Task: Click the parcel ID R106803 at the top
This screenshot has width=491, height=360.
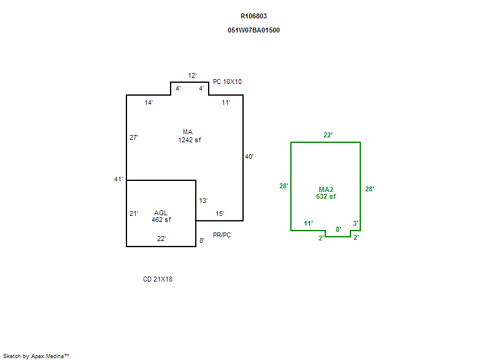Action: click(x=253, y=17)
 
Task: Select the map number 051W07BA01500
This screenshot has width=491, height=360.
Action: click(x=253, y=30)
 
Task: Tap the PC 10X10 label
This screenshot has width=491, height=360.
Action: click(x=227, y=82)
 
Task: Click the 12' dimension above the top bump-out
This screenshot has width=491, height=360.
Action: click(x=192, y=75)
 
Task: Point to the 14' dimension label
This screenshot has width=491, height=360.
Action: click(x=149, y=102)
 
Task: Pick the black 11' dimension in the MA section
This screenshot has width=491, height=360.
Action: click(x=226, y=102)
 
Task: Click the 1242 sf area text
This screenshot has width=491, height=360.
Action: click(x=190, y=140)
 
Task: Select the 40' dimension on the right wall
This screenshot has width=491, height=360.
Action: click(x=249, y=156)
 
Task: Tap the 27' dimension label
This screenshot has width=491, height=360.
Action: click(x=134, y=137)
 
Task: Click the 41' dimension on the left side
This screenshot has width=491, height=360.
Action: click(x=118, y=179)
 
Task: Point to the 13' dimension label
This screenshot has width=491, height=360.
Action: click(x=203, y=201)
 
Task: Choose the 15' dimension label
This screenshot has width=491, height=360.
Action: click(x=220, y=213)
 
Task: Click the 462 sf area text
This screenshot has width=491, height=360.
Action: click(x=161, y=220)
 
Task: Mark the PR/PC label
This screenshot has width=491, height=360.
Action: click(x=222, y=236)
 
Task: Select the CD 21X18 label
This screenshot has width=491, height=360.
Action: click(x=158, y=279)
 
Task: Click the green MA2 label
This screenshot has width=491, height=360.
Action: click(x=326, y=190)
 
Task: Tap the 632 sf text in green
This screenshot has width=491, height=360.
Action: click(x=326, y=196)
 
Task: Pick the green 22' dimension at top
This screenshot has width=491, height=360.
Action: click(x=328, y=135)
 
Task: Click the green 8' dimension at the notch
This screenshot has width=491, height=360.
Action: click(x=338, y=229)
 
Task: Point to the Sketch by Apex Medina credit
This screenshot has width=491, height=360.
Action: click(x=36, y=356)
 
